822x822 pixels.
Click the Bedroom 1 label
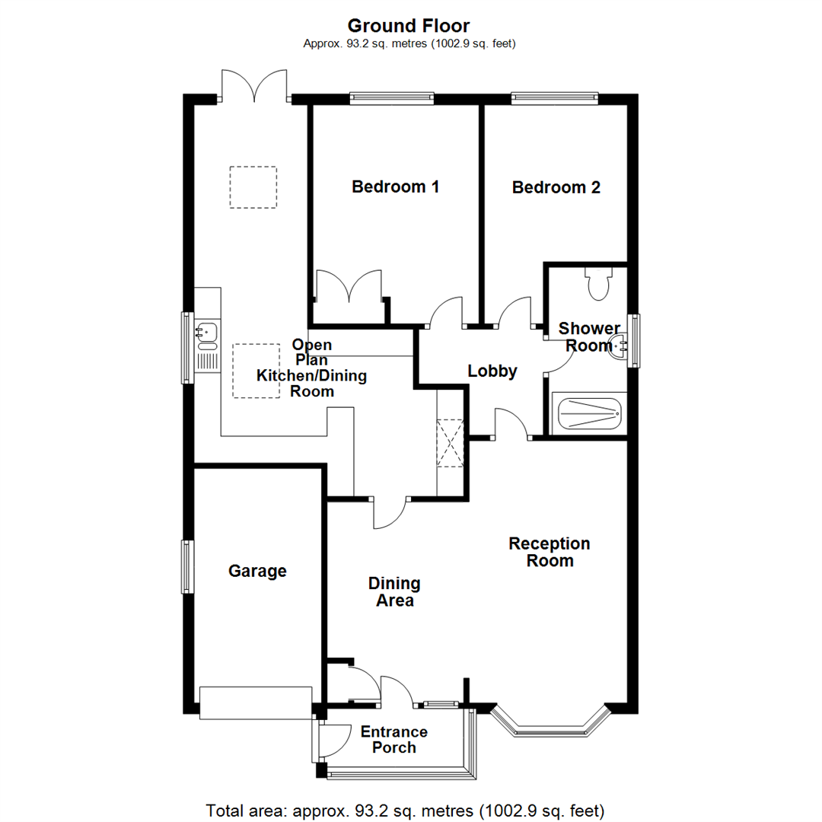pos(395,186)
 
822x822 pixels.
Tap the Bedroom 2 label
pos(556,187)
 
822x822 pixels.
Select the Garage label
pos(257,571)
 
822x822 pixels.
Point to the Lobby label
pos(492,371)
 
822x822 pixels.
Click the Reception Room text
pos(550,552)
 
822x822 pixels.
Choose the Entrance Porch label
pos(393,739)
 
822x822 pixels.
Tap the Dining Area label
pos(393,591)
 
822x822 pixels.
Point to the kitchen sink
pos(206,332)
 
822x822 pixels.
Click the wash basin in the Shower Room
pos(620,346)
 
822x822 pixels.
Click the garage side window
pos(185,566)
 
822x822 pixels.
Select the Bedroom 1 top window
pos(391,97)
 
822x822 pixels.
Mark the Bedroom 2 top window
pos(554,97)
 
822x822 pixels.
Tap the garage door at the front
pos(255,702)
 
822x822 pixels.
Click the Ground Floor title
pos(409,27)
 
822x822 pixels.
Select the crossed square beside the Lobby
pos(449,442)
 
